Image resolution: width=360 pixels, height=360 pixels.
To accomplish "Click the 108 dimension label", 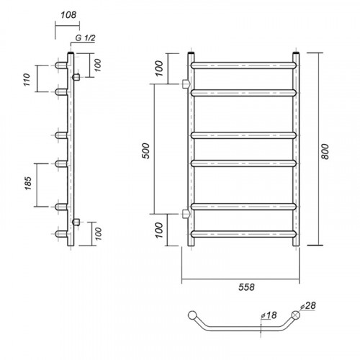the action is [68, 15].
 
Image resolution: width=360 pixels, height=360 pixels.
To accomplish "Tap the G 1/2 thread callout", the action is [85, 38].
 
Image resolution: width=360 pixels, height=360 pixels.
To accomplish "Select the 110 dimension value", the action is [27, 80].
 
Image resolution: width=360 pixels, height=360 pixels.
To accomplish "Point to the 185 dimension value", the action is [28, 183].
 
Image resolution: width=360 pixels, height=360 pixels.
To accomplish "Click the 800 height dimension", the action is [325, 151].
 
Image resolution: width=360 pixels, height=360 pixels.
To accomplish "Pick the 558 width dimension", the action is [246, 287].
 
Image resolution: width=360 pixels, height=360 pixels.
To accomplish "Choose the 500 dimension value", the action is [145, 150].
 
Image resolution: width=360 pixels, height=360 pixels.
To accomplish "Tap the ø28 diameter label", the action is [308, 306].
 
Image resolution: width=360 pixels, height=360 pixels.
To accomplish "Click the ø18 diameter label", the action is [269, 315].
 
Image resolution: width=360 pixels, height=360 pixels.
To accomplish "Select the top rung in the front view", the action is [244, 66].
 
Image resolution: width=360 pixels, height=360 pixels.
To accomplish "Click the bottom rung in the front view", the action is [244, 234].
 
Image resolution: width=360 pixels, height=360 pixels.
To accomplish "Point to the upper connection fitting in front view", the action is [186, 84].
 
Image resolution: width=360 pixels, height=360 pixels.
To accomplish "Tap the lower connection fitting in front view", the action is [186, 214].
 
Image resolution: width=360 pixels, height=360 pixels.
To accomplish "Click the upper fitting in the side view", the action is [76, 77].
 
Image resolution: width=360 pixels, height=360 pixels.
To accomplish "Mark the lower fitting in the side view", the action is [76, 222].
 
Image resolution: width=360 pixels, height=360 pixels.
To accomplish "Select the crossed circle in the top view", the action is [296, 315].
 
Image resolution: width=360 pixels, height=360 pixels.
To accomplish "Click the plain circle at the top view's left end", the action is [192, 315].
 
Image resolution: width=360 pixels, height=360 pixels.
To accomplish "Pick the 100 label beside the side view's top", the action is [98, 65].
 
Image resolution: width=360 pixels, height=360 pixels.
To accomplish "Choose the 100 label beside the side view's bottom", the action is [99, 234].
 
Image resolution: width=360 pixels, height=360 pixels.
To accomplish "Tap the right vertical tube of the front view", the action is [296, 149].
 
